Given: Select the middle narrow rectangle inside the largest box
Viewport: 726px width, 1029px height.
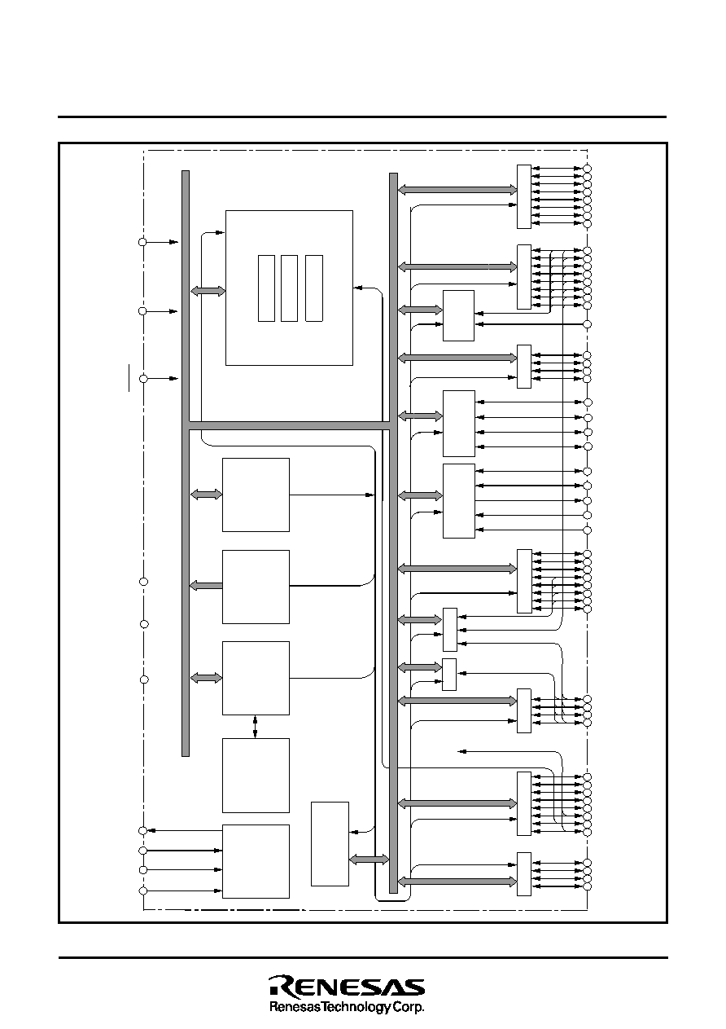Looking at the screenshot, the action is point(289,288).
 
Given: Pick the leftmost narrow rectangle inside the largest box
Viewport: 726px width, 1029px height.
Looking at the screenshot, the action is point(266,288).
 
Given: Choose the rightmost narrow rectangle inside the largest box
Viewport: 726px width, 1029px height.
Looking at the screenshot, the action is point(314,288).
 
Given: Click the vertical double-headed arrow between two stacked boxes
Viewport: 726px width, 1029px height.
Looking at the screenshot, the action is point(255,726).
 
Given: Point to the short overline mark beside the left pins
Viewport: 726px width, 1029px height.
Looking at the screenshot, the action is point(129,377).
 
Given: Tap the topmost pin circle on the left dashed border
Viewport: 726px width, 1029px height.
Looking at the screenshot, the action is point(142,242).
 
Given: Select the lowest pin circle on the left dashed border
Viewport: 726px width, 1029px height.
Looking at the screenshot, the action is point(142,890).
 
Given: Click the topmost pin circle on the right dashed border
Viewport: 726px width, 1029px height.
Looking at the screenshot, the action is point(587,169).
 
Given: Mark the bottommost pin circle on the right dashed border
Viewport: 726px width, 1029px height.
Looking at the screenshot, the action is point(587,886).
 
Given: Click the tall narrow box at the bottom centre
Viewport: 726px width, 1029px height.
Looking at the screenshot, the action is point(330,844).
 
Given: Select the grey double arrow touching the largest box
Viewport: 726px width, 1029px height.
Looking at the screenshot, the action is point(208,291).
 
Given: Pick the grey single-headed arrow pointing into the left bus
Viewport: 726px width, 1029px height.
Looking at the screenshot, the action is point(206,585).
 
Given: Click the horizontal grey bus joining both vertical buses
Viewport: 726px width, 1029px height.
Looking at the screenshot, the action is point(289,425).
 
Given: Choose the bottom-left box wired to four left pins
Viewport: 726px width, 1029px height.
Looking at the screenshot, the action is point(256,861).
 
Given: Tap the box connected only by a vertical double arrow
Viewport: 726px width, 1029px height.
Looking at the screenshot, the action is point(256,776).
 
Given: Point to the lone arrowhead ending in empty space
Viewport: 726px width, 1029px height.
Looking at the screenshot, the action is point(462,751).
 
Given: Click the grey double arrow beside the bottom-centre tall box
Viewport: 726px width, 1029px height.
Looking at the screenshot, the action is point(369,859).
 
